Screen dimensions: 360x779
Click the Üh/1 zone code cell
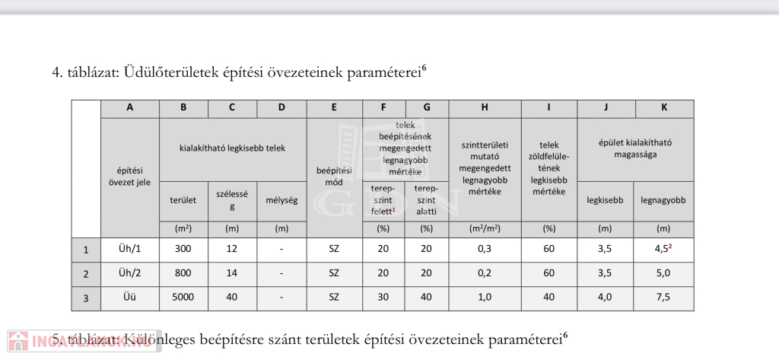(129, 250)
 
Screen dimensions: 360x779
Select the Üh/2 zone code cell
(129, 273)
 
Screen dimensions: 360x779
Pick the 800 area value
(183, 273)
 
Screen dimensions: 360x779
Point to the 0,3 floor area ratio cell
(485, 250)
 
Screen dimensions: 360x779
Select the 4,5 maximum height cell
(662, 250)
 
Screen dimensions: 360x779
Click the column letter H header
(485, 108)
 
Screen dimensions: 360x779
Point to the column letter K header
(663, 108)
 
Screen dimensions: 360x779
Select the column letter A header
(129, 108)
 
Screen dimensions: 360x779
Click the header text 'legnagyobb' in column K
(663, 201)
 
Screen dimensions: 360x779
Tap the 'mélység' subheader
(281, 201)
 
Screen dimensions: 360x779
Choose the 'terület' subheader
(183, 201)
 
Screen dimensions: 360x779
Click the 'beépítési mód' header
(334, 177)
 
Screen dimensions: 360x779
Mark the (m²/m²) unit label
(485, 228)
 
